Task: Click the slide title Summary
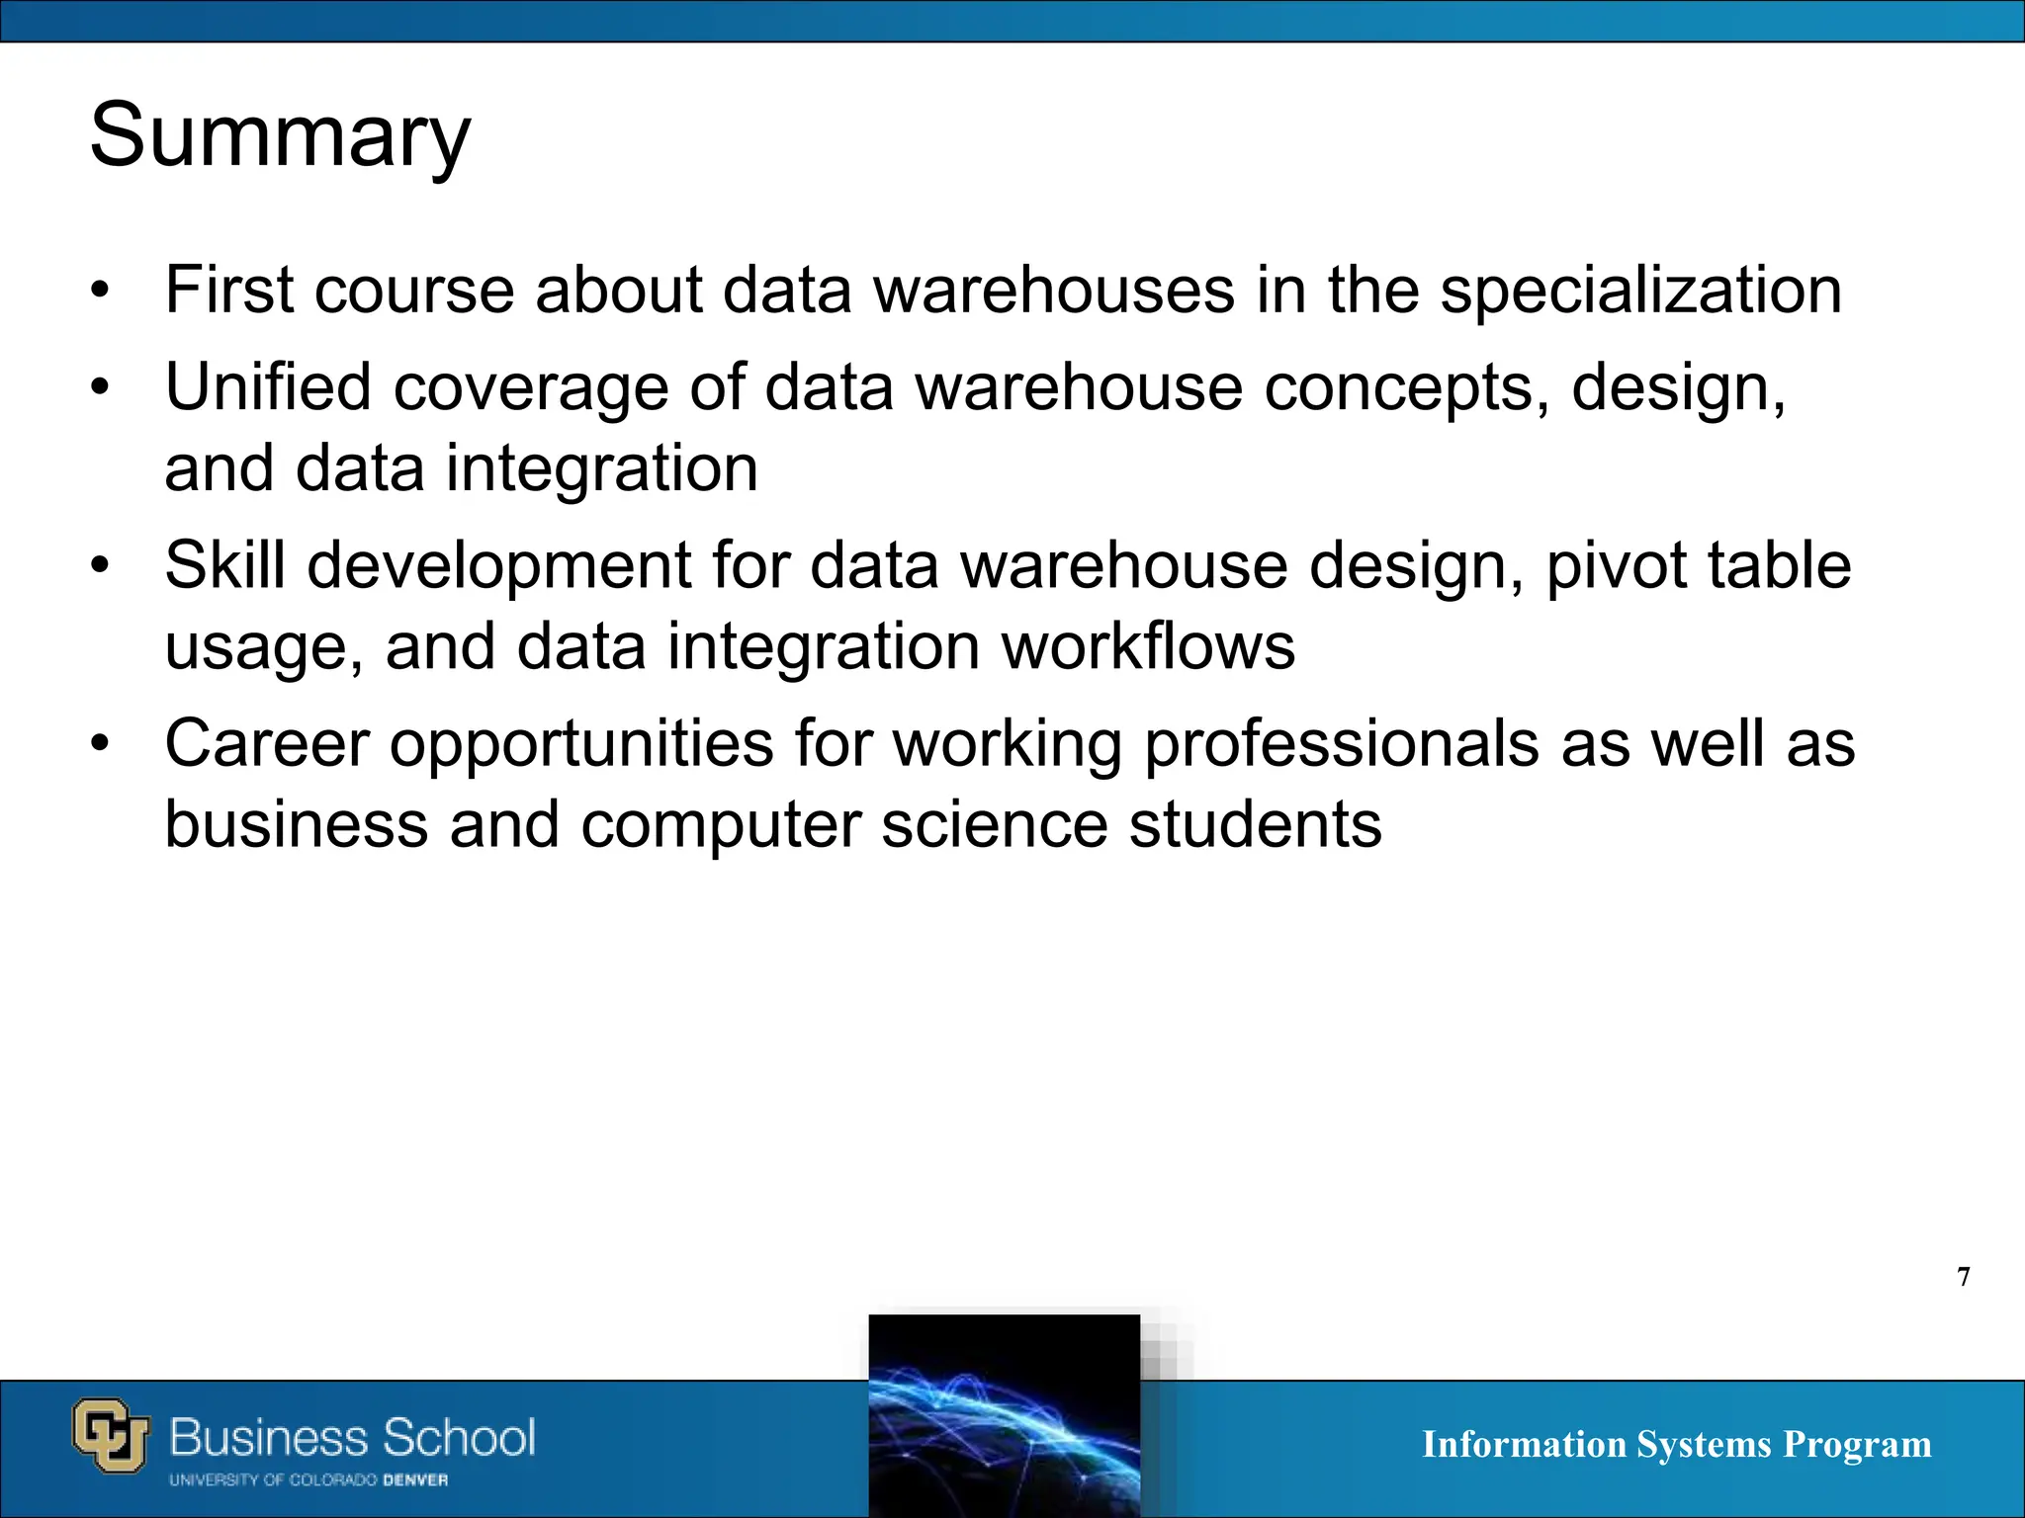pos(280,135)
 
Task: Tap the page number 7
pos(1964,1278)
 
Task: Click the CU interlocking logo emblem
pos(111,1435)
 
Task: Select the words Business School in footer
pos(352,1437)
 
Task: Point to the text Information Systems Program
pos(1676,1444)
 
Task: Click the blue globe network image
pos(1004,1415)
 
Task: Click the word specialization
pos(1640,291)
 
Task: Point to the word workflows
pos(1147,646)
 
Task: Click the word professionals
pos(1341,743)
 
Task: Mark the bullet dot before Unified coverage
pos(99,388)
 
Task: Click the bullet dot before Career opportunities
pos(99,744)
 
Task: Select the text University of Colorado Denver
pos(308,1480)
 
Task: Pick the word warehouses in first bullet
pos(1054,291)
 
